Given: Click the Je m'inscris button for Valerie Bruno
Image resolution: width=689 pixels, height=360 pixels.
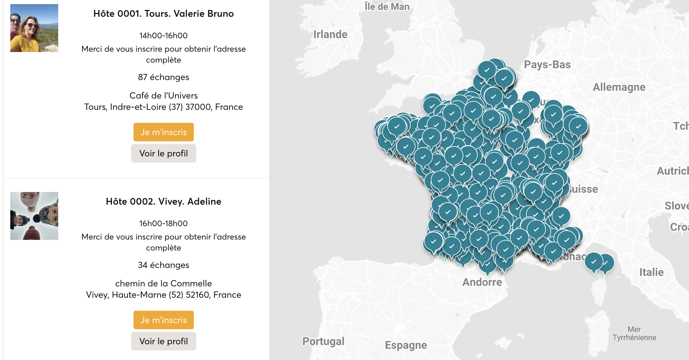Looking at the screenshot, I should pyautogui.click(x=163, y=132).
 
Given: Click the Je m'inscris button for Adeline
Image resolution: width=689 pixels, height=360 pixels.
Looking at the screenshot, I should pyautogui.click(x=163, y=320).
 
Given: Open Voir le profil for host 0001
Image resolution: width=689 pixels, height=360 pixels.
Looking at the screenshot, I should pyautogui.click(x=163, y=153).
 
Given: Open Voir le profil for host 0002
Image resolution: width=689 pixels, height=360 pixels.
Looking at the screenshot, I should pyautogui.click(x=163, y=341).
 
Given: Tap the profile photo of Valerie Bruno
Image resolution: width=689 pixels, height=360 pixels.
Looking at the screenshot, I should pyautogui.click(x=34, y=28).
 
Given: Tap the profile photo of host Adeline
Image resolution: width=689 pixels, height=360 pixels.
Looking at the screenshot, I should pyautogui.click(x=34, y=216).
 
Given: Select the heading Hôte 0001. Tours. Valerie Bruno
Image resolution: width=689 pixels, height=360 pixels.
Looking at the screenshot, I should pyautogui.click(x=163, y=14).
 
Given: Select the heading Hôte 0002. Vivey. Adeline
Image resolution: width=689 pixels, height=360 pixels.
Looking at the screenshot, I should pyautogui.click(x=163, y=202).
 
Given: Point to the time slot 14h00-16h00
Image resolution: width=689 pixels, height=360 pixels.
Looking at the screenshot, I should pyautogui.click(x=163, y=36).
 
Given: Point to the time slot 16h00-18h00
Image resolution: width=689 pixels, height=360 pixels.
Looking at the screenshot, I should pyautogui.click(x=163, y=223).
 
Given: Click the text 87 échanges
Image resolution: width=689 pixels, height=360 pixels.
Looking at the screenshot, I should pyautogui.click(x=163, y=77).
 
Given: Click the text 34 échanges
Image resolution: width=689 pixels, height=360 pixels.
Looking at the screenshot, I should pyautogui.click(x=163, y=265).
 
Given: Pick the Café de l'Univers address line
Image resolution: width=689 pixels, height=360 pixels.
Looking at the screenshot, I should pyautogui.click(x=163, y=95).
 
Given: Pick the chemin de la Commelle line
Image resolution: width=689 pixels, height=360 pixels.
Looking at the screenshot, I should pyautogui.click(x=163, y=283).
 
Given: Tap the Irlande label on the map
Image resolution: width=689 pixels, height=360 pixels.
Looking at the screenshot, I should pyautogui.click(x=330, y=35).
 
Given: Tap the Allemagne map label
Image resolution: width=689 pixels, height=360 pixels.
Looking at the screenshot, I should pyautogui.click(x=619, y=87).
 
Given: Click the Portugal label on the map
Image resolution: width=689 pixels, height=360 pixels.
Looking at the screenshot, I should pyautogui.click(x=323, y=341).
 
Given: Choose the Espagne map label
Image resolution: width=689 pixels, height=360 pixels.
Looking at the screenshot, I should pyautogui.click(x=406, y=345).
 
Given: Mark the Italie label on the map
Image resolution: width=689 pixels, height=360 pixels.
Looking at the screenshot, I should pyautogui.click(x=651, y=272).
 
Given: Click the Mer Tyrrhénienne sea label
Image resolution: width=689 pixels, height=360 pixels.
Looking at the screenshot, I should pyautogui.click(x=634, y=333).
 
